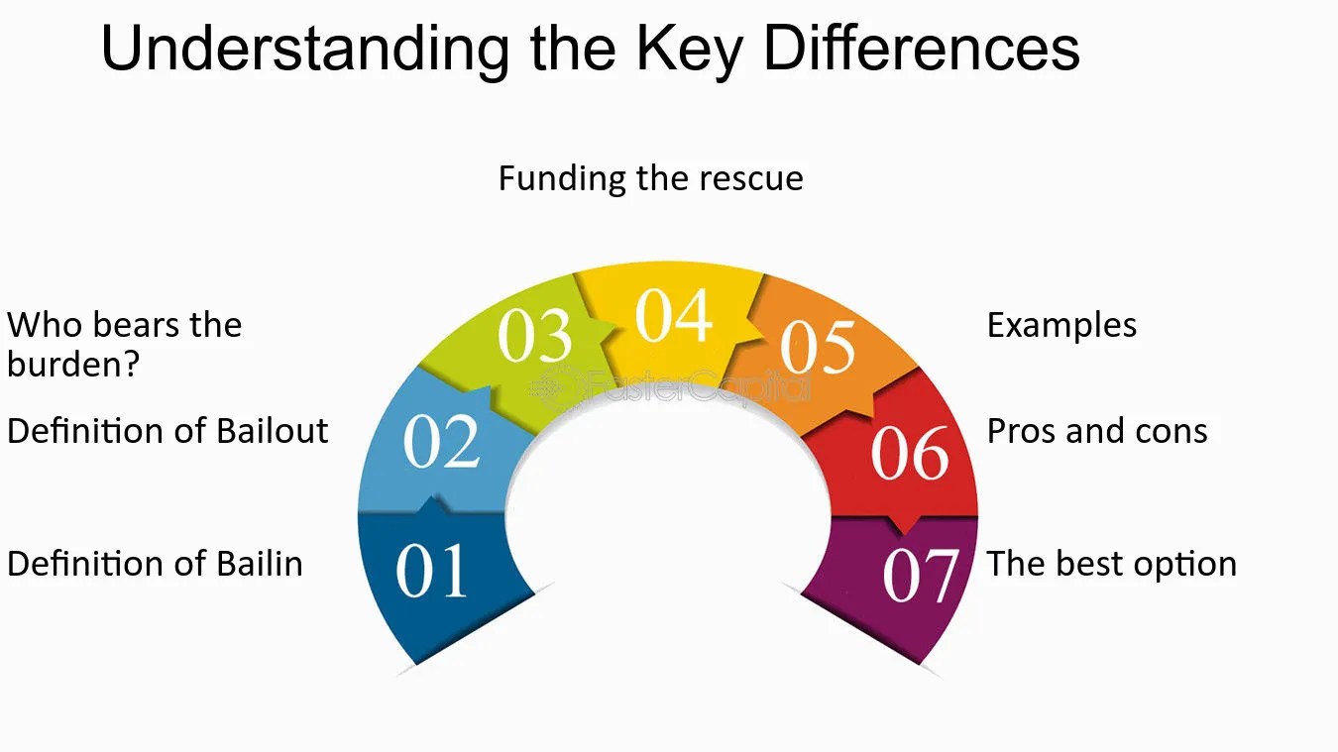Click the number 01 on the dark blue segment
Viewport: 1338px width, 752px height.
[431, 572]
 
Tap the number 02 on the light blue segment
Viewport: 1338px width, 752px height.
[442, 443]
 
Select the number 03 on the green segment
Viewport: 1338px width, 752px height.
[535, 337]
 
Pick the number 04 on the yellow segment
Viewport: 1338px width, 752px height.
[674, 316]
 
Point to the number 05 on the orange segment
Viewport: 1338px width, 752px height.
[818, 347]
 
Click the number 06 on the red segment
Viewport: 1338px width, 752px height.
[910, 454]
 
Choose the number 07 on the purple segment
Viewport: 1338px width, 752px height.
[921, 576]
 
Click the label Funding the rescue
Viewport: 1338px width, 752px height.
[650, 178]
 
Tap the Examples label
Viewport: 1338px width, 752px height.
[1061, 326]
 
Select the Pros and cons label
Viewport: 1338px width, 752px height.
[1097, 432]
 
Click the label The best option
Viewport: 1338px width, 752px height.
[1111, 564]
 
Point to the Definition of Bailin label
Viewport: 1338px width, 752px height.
[155, 564]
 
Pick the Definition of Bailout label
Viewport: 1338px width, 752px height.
[167, 432]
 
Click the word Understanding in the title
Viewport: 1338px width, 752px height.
[304, 50]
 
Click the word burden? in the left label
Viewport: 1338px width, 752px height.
[73, 366]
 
